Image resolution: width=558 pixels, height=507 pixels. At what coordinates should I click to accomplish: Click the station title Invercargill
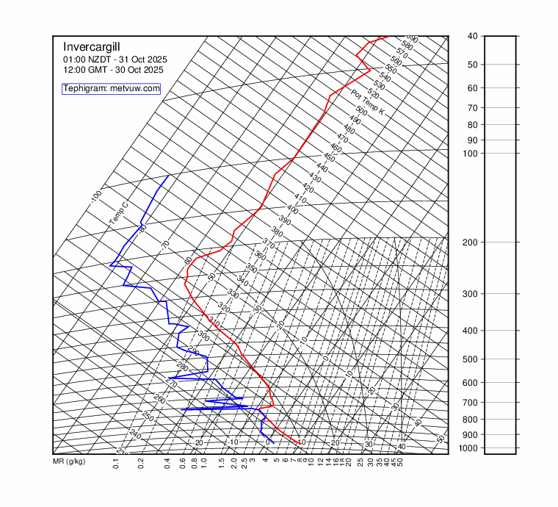coord(90,46)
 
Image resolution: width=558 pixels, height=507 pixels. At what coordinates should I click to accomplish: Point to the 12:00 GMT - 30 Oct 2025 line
coord(113,70)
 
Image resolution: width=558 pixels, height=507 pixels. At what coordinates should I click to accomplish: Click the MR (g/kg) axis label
coord(69,462)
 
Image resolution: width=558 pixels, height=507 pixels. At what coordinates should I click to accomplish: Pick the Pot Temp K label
coord(368,102)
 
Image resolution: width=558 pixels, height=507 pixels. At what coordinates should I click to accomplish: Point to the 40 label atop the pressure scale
coord(471,36)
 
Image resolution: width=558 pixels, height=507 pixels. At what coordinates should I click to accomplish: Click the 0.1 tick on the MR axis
coord(116,463)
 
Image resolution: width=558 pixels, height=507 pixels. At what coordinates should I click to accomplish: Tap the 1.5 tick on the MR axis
coord(222,463)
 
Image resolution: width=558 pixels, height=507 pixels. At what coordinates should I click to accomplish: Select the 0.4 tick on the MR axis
coord(167,463)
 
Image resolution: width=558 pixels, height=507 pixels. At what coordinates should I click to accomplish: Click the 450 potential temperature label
coord(329,158)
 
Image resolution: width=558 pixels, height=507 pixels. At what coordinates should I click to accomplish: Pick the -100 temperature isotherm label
coord(96,196)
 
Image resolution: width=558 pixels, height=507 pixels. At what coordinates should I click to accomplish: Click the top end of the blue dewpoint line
coord(168,176)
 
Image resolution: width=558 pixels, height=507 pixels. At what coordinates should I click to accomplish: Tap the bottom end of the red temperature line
coord(300,443)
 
